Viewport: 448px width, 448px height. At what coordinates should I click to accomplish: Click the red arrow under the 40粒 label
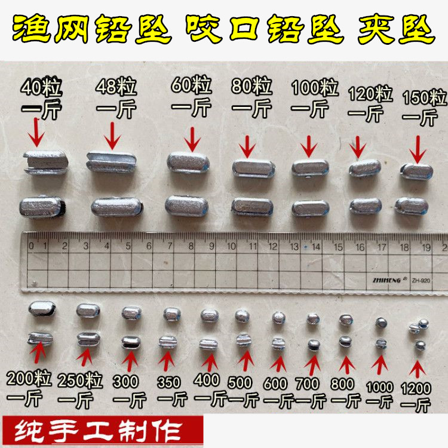(x=36, y=132)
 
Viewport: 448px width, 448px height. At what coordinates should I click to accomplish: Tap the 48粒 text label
(x=116, y=87)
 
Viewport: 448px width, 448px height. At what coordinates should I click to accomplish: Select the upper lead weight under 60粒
(x=188, y=163)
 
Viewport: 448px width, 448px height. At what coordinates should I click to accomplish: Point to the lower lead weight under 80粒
(x=252, y=207)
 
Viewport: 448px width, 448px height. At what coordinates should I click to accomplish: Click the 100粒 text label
(x=315, y=87)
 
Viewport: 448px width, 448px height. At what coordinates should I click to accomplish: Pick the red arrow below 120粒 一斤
(x=357, y=147)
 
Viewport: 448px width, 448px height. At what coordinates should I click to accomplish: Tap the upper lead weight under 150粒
(x=416, y=171)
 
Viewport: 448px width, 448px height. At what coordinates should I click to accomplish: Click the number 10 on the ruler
(x=231, y=246)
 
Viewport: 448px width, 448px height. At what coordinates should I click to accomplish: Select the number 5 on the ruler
(x=128, y=246)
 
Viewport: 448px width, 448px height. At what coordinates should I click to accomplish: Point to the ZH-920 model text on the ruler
(x=421, y=281)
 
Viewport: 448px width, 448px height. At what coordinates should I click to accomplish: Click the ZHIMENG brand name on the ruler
(x=387, y=280)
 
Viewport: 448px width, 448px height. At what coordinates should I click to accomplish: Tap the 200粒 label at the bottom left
(x=29, y=378)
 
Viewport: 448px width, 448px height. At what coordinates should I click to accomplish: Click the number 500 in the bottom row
(x=240, y=382)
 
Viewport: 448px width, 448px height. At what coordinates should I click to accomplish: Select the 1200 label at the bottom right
(x=416, y=389)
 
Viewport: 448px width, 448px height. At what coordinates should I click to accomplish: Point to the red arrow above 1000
(x=379, y=365)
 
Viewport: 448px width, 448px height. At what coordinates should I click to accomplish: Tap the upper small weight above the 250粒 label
(x=88, y=311)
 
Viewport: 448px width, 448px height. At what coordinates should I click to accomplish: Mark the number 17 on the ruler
(x=382, y=247)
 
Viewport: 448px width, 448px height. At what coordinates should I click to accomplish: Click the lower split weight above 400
(x=208, y=344)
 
